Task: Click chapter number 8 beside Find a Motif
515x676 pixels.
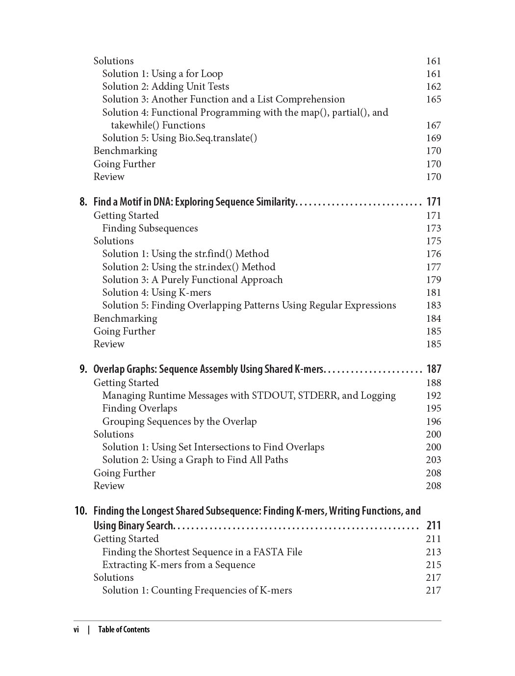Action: [83, 202]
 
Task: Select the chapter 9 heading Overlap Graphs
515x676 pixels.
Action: [208, 369]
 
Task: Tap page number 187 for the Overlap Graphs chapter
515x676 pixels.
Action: [434, 369]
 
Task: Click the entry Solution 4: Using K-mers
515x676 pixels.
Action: [156, 292]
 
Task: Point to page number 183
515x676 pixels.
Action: [434, 305]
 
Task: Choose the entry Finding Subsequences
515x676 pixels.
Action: [150, 228]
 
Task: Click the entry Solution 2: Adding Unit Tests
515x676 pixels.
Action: [166, 86]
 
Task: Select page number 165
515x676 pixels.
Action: [434, 99]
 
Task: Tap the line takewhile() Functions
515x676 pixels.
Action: [158, 125]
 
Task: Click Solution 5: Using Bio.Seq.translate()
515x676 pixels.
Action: [180, 138]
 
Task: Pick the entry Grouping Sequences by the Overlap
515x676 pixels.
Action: [180, 421]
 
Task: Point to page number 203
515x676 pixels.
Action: [434, 460]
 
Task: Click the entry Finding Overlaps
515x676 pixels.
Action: [140, 408]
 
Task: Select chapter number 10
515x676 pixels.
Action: [81, 511]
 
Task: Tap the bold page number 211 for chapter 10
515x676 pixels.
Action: [434, 525]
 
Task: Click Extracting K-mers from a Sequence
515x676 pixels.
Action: [179, 565]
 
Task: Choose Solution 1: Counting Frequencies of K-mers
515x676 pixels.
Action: [197, 590]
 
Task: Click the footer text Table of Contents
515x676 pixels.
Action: [124, 629]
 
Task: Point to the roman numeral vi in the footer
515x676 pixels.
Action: [77, 629]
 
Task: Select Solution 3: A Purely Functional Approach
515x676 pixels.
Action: [192, 280]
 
